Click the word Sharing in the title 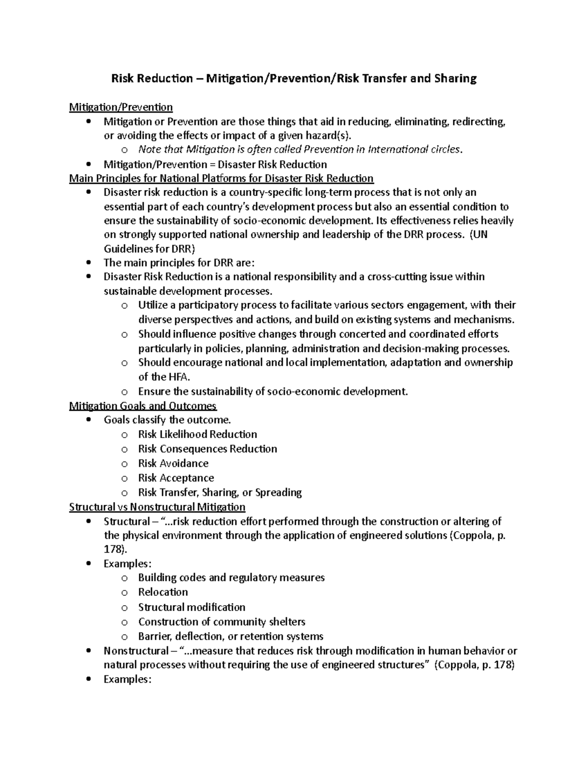point(455,78)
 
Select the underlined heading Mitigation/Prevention point(121,107)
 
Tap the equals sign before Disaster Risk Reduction point(212,164)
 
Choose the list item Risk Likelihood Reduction point(197,434)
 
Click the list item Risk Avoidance point(173,464)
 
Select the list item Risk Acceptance point(176,478)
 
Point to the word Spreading point(278,492)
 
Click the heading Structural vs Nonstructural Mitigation point(157,507)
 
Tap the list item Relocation point(163,592)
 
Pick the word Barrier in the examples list point(154,637)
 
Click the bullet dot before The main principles point(88,262)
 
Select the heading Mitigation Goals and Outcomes point(143,406)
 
